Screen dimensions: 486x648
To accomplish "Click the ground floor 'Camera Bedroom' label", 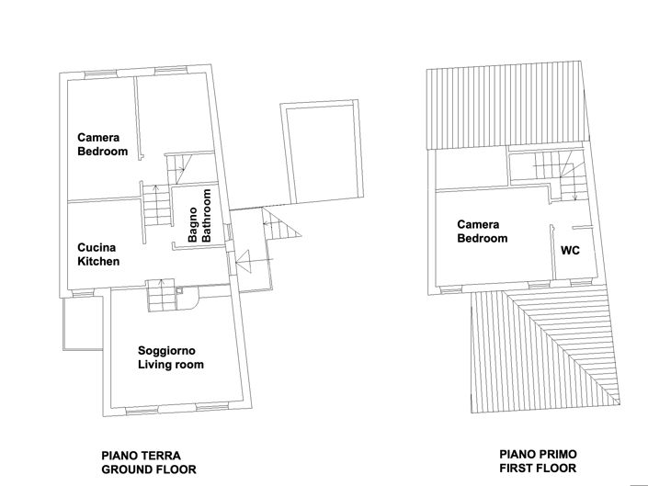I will tap(102, 144).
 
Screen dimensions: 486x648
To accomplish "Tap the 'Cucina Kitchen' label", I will tap(98, 254).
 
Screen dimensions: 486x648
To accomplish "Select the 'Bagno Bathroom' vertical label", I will tap(200, 216).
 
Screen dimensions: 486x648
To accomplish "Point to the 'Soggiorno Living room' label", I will tap(170, 357).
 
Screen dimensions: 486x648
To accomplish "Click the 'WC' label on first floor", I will tap(570, 250).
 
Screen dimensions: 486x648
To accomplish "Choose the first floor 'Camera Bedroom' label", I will tap(483, 232).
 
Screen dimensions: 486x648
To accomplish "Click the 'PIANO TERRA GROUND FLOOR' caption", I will tap(148, 461).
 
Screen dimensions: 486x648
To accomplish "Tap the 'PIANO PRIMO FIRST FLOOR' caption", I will tap(538, 460).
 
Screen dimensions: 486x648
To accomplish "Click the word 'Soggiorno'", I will tap(165, 350).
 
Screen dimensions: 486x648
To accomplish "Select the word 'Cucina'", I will tap(96, 247).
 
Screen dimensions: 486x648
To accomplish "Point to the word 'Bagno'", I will tap(193, 225).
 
